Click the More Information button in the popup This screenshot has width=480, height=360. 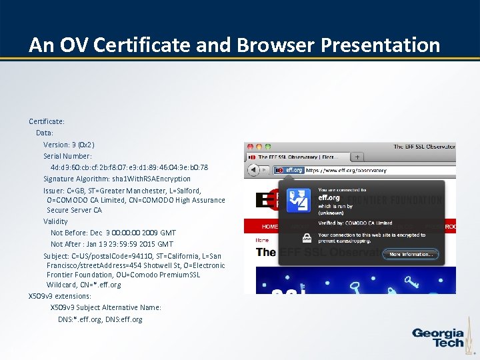coord(411,254)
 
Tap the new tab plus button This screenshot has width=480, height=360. coord(357,157)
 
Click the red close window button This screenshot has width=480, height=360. coord(249,146)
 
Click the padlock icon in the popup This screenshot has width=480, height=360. coord(307,237)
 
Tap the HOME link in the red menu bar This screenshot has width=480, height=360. coord(270,226)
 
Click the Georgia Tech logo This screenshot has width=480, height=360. coord(437,338)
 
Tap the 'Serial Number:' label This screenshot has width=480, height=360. coord(67,156)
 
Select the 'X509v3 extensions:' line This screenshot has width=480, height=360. coord(60,296)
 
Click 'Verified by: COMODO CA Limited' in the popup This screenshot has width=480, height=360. coord(355,223)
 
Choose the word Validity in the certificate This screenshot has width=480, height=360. coord(55,221)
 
